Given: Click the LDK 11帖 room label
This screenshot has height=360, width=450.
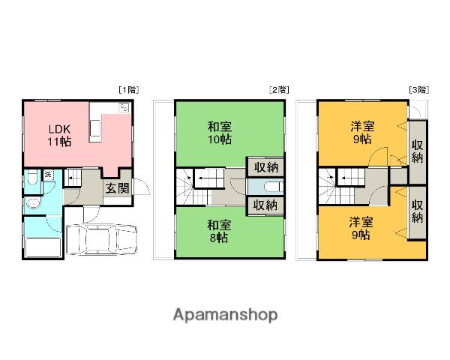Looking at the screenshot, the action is pyautogui.click(x=59, y=136).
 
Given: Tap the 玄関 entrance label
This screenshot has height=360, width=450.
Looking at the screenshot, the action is pyautogui.click(x=118, y=188).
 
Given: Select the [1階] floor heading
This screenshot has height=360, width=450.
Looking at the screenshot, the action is pyautogui.click(x=129, y=90).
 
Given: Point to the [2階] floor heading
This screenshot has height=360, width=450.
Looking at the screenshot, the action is pyautogui.click(x=279, y=90).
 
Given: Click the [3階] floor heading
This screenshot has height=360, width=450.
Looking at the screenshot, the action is pyautogui.click(x=419, y=90).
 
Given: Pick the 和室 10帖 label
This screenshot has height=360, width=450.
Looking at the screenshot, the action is pyautogui.click(x=220, y=133).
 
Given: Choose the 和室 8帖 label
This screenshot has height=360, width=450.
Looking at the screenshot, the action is pyautogui.click(x=219, y=232).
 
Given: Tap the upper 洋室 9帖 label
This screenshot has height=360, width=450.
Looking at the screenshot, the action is pyautogui.click(x=362, y=132).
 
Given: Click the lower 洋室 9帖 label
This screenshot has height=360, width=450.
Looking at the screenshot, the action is pyautogui.click(x=361, y=229).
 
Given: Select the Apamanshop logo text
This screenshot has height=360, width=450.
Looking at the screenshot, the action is pyautogui.click(x=226, y=315).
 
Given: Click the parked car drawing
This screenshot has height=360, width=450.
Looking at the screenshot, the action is pyautogui.click(x=101, y=239).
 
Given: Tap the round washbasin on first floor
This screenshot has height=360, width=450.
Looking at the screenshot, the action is pyautogui.click(x=32, y=203).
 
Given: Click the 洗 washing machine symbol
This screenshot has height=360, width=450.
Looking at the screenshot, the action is pyautogui.click(x=48, y=175).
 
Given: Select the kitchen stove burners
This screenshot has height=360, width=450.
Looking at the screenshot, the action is pyautogui.click(x=124, y=108).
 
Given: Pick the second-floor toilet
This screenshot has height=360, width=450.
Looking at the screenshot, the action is pyautogui.click(x=274, y=187).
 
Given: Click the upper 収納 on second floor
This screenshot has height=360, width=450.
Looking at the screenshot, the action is pyautogui.click(x=265, y=167).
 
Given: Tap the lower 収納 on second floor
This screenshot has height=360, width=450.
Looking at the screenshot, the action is pyautogui.click(x=265, y=205).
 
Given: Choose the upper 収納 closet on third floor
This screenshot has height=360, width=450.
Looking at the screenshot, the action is pyautogui.click(x=417, y=152).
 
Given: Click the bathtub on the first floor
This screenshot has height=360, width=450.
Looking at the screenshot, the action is pyautogui.click(x=43, y=247).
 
